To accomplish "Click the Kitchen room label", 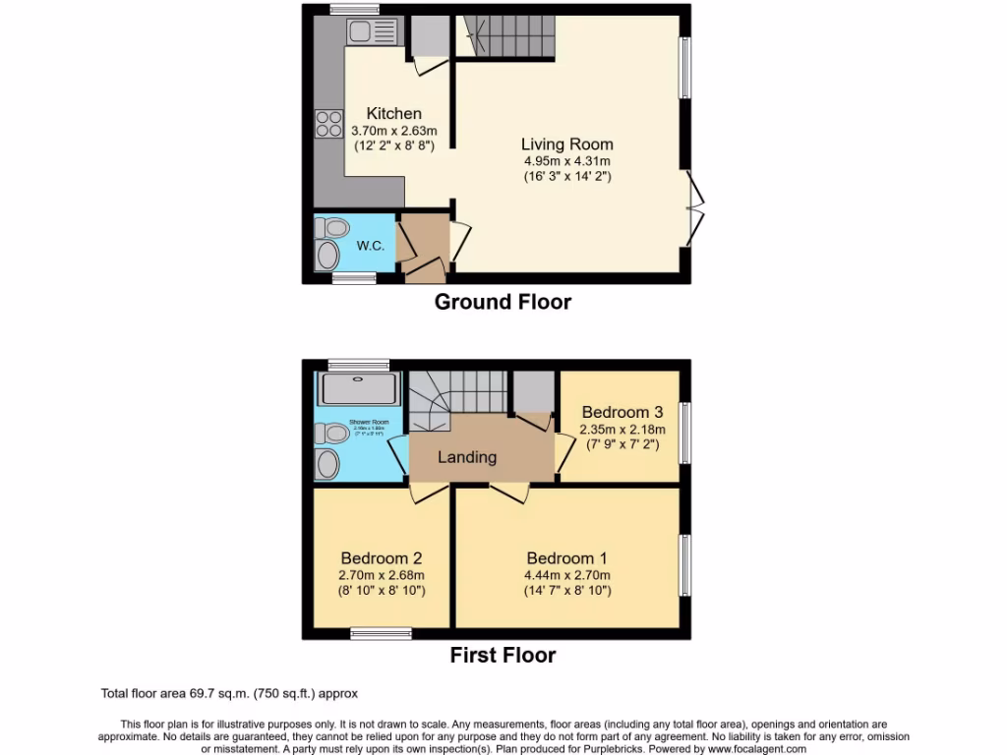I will click(393, 114).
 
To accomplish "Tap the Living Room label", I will click(566, 145).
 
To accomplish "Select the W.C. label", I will click(370, 246).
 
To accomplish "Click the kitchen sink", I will click(371, 31).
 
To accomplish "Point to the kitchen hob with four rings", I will click(328, 124).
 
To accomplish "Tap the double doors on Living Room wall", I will click(695, 208).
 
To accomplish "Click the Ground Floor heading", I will click(503, 302).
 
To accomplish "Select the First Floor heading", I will click(503, 655).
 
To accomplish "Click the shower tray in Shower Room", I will click(359, 387).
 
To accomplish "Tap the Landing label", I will click(466, 457).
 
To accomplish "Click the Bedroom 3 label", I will click(622, 412).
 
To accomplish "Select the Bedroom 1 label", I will click(567, 557).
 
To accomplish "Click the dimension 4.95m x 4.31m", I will click(566, 161).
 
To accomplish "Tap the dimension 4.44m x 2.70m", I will click(567, 575).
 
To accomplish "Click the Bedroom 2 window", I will click(381, 635).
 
